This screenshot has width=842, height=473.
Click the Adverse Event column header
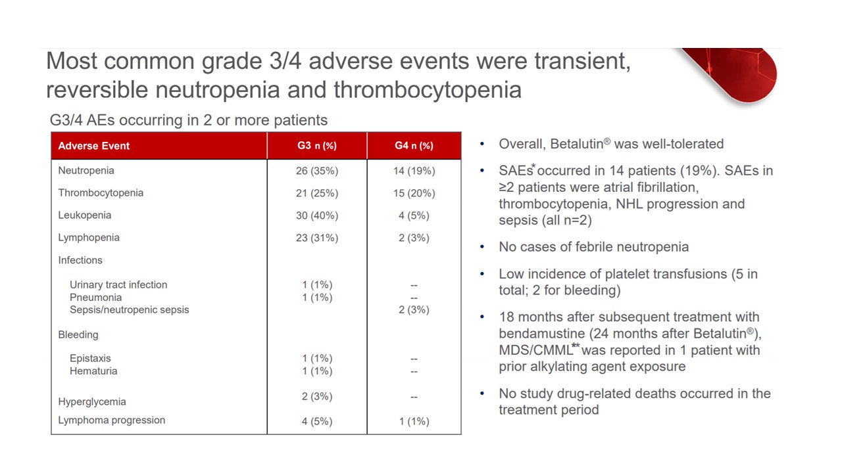point(93,146)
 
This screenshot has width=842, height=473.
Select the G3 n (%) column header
point(317,146)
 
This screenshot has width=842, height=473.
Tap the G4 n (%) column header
point(414,146)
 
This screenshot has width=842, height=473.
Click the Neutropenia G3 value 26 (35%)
point(317,171)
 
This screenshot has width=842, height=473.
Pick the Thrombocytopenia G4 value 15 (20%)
point(414,193)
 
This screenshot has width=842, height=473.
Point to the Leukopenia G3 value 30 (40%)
point(317,215)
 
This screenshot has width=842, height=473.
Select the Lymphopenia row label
point(89,238)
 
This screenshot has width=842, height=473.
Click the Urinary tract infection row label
point(118,284)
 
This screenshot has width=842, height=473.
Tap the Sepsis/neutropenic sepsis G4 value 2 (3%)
point(414,309)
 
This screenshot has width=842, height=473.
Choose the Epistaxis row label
point(90,359)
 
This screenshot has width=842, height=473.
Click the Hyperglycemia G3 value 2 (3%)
point(317,396)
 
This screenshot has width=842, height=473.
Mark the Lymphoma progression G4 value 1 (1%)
point(414,421)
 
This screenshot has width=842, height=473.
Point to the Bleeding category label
point(78,335)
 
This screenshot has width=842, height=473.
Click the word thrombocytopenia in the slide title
point(428,90)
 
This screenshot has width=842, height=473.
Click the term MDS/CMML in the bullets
point(535,350)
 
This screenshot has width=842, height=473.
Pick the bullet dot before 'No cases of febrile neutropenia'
point(482,247)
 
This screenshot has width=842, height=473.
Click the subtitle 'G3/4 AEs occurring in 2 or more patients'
point(189,120)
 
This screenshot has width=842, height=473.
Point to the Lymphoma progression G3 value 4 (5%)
point(317,421)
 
